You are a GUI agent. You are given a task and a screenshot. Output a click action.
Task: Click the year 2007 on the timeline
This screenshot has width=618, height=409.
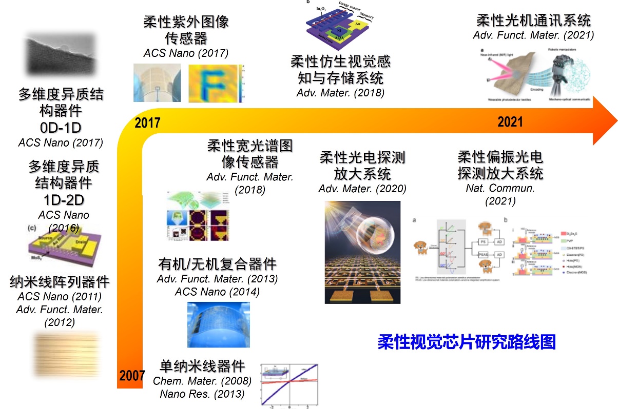(132, 376)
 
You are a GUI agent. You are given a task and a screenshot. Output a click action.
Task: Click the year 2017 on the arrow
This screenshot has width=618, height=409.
(147, 123)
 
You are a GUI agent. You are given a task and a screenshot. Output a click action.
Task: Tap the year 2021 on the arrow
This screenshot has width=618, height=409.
(510, 122)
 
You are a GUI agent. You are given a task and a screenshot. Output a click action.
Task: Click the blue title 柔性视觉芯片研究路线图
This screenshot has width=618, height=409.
(467, 342)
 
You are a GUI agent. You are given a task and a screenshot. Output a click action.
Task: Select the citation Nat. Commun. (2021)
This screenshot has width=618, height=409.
(500, 194)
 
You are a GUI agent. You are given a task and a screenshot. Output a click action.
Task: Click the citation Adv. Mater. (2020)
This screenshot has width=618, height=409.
(362, 189)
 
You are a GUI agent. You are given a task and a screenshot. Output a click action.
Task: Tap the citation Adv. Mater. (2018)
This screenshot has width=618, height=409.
(340, 93)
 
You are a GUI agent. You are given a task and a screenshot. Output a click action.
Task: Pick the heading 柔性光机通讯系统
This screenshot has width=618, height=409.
(533, 21)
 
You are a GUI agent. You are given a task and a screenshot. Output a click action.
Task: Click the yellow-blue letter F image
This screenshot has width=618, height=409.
(216, 84)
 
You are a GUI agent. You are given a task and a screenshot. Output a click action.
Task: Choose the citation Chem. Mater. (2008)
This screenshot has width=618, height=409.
(202, 381)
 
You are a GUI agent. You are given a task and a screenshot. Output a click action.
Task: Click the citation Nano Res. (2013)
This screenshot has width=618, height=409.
(202, 394)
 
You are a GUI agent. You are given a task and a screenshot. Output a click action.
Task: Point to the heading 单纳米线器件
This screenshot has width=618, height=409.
(202, 366)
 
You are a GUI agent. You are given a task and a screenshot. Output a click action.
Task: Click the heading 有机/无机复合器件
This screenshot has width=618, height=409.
(217, 264)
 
